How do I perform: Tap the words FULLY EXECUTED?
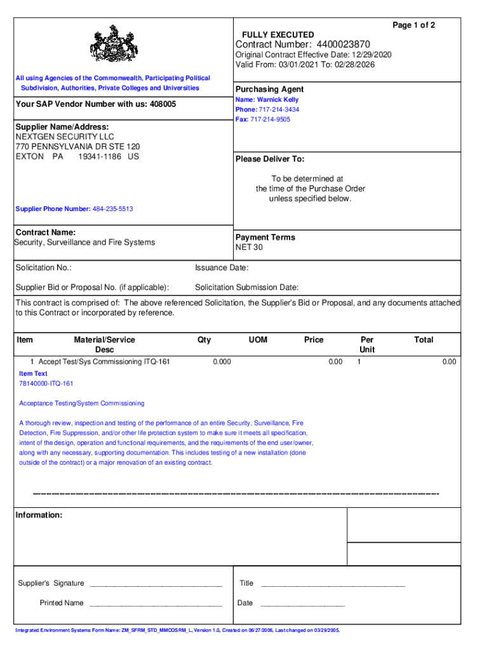[278, 34]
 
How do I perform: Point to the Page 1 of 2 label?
[413, 25]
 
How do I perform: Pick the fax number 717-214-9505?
[270, 120]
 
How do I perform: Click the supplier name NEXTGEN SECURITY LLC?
[57, 137]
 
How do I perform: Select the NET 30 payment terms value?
[249, 247]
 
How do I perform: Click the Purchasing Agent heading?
[269, 90]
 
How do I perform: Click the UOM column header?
[258, 340]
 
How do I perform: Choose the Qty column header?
[204, 340]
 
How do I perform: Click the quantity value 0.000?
[221, 362]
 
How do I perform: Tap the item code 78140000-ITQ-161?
[46, 384]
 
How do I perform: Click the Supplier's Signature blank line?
[156, 584]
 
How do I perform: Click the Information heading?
[39, 515]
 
